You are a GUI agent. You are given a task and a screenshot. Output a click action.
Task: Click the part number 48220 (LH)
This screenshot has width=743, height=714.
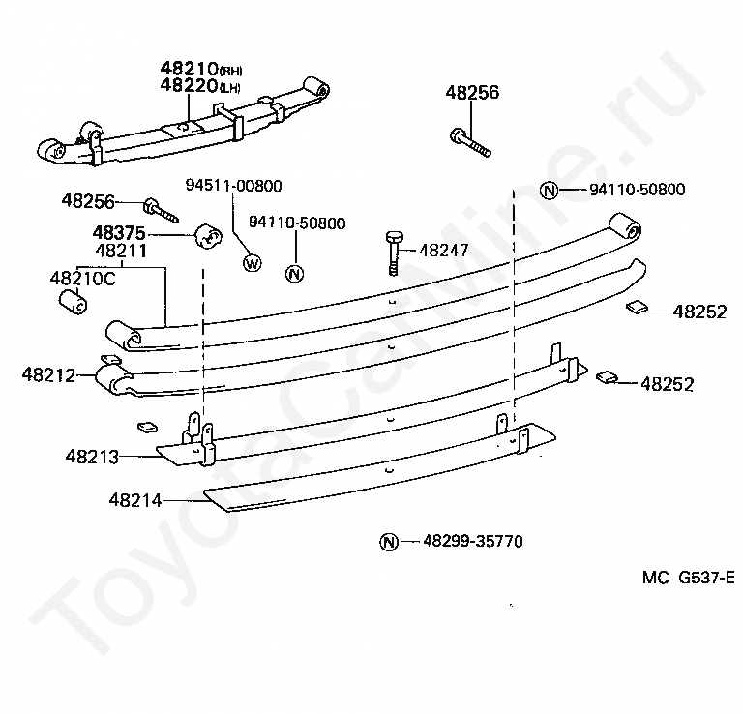200,86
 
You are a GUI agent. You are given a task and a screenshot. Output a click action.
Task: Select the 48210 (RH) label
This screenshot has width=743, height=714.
201,69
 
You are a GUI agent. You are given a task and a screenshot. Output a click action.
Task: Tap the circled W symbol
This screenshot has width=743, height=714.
253,262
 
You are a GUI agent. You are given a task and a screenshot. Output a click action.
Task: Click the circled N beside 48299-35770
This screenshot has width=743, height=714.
389,542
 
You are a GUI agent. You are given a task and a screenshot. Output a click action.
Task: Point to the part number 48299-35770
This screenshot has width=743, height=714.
472,541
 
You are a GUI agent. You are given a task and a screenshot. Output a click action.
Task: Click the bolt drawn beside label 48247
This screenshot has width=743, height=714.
394,253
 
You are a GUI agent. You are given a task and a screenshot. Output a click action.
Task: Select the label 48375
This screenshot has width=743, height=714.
119,233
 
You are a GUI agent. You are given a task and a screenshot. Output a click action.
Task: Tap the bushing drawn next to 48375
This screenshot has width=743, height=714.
209,235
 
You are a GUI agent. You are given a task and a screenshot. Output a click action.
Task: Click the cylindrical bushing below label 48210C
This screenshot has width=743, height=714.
73,302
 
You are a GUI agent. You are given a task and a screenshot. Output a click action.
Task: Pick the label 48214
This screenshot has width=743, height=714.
135,500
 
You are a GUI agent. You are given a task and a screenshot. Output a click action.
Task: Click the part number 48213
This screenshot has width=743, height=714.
92,457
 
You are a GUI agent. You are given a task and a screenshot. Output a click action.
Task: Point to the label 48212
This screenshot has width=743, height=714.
48,375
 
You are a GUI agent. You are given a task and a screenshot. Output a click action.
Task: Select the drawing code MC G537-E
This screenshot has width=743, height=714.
689,578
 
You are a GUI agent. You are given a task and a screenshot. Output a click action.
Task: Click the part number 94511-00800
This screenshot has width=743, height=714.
233,185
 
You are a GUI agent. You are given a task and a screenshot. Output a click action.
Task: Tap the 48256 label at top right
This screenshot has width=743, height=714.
472,92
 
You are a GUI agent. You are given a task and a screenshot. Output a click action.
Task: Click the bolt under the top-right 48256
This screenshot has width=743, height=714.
470,142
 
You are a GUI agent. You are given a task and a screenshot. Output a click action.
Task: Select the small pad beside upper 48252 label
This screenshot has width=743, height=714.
637,307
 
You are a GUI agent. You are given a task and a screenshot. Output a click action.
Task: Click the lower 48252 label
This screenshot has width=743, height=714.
668,384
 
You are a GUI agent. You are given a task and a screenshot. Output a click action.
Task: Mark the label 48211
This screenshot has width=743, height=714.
121,251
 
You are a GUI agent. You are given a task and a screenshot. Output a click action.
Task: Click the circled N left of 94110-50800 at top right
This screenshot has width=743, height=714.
549,191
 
